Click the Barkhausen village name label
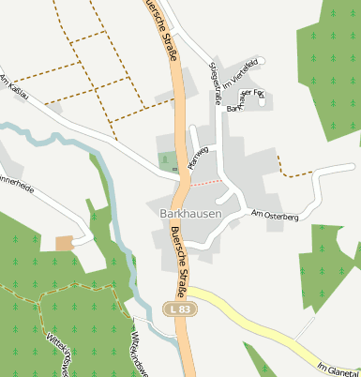coord(184,213)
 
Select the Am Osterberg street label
coord(275,216)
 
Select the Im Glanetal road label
coord(338,366)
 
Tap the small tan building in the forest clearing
coord(64,244)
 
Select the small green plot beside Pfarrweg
coord(167,161)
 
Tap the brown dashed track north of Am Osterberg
coord(294,174)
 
